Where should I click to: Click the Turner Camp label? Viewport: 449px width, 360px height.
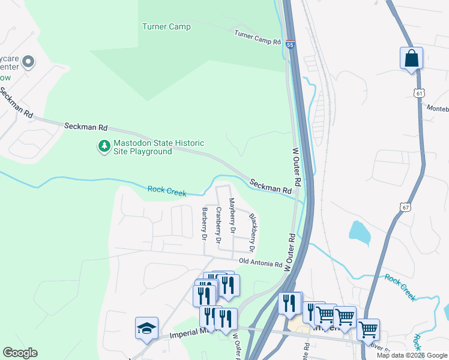tap(166, 26)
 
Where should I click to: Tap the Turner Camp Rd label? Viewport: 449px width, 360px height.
tap(258, 38)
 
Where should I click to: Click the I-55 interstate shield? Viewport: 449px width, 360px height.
tap(291, 45)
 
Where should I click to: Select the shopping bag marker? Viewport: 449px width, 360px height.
tap(411, 59)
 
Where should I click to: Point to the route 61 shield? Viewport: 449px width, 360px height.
tap(419, 93)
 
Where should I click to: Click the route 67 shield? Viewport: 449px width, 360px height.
tap(406, 207)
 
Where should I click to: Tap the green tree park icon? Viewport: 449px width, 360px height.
tap(104, 146)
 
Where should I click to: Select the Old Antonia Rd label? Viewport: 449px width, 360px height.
tap(261, 263)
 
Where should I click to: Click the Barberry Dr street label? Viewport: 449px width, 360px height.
tap(205, 224)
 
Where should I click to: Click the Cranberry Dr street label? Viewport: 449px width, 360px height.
tap(218, 225)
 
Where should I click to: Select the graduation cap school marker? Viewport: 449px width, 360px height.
tap(146, 328)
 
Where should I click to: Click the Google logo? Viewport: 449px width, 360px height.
tap(20, 353)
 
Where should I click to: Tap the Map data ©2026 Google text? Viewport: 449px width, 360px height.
tap(412, 355)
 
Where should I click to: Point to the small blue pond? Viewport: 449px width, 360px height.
tap(358, 232)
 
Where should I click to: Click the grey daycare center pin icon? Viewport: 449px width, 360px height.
tap(28, 62)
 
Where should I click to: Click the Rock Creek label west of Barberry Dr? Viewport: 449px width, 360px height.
tap(167, 191)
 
